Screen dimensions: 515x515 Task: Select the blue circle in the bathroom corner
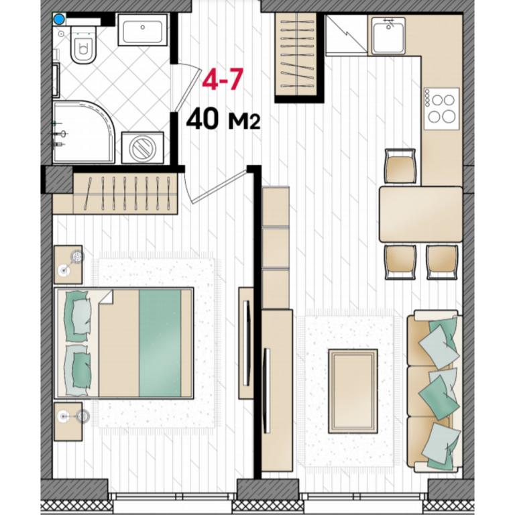59,19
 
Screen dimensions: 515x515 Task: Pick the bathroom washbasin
143,30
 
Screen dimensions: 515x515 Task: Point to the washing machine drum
143,148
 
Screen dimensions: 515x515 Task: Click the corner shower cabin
83,132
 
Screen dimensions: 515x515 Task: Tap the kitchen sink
388,35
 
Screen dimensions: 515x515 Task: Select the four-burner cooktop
441,109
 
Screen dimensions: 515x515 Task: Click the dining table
420,214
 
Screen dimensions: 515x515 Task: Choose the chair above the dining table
400,166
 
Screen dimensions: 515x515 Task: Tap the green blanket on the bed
160,343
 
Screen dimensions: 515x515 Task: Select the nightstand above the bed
68,264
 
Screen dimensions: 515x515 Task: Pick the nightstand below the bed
68,421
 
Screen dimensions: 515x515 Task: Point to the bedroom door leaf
219,184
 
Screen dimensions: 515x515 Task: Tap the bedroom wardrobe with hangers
125,194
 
